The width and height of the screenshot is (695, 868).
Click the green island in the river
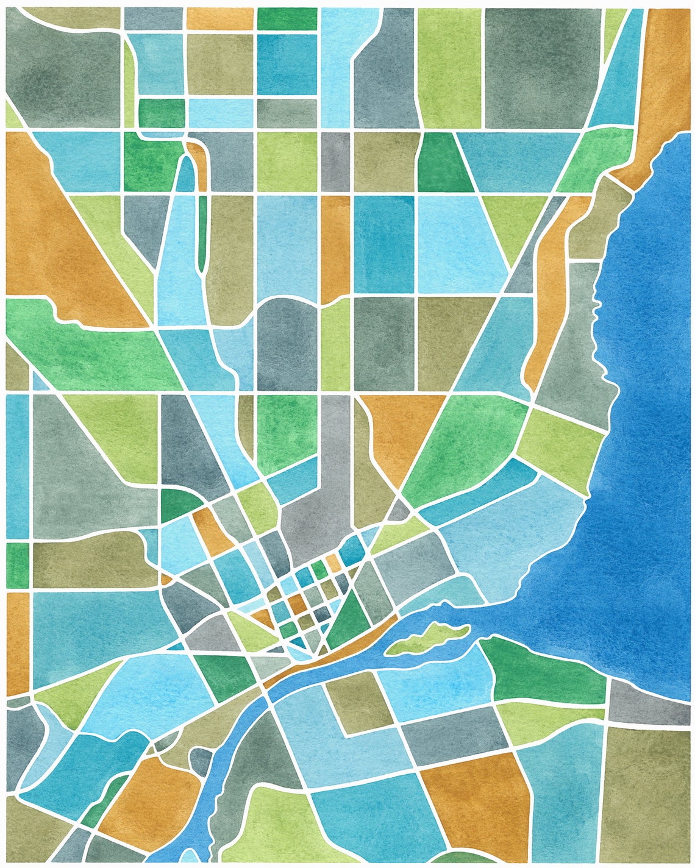click(x=427, y=639)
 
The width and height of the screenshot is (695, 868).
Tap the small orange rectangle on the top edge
click(x=219, y=18)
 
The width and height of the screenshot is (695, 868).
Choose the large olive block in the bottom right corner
click(x=649, y=792)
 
